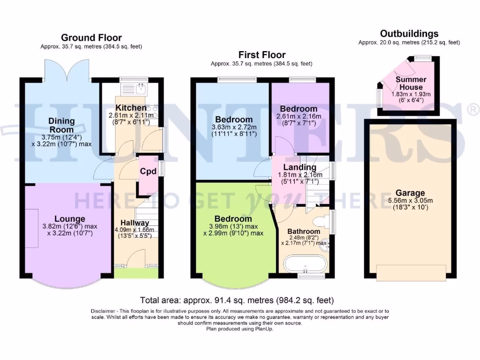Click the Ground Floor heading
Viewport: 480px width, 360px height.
tap(91, 38)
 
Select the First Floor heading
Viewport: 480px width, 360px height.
tap(261, 54)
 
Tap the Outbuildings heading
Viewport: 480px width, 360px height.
tap(409, 34)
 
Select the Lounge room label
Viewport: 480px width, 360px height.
tap(69, 219)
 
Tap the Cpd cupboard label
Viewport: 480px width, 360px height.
tap(148, 172)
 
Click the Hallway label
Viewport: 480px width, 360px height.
tap(135, 223)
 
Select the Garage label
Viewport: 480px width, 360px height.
tap(410, 193)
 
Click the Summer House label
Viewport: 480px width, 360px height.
tap(411, 83)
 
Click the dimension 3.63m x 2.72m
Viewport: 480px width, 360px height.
tap(233, 127)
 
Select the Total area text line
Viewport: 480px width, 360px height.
tap(237, 300)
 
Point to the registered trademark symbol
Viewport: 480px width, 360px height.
tap(473, 110)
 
